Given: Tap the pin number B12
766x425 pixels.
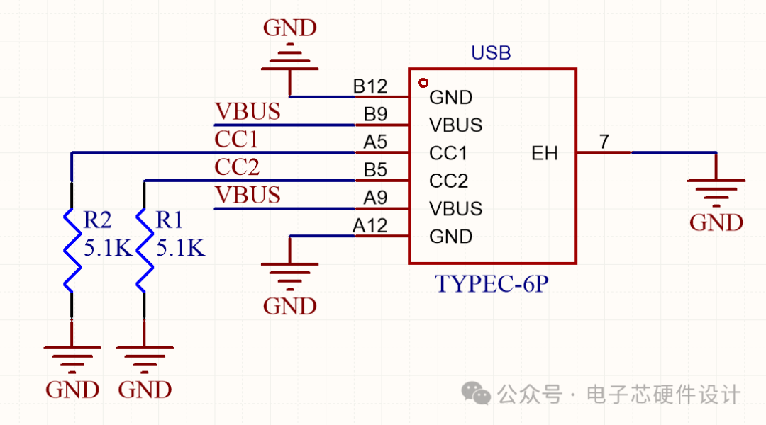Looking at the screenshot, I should pos(370,86).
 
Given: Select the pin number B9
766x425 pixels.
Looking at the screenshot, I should pos(375,114).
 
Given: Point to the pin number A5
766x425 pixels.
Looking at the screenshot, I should pos(375,142).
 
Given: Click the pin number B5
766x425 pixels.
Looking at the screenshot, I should pos(375,170).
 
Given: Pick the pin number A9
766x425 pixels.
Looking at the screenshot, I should pos(375,198).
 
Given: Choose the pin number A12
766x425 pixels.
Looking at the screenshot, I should pos(370,226).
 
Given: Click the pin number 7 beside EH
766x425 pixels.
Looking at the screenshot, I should pos(604,142).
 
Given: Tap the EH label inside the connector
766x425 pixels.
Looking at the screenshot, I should pos(545,153).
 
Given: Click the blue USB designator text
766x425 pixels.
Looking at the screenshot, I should pos(491,53).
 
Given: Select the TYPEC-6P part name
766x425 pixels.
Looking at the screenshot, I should pos(492,284).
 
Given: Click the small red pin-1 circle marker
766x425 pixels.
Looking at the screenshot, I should pos(424,83).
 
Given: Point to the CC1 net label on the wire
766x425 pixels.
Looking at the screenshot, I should pos(237,140).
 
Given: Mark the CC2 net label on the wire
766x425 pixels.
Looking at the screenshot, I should pos(237,167).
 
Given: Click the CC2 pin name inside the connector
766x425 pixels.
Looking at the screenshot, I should pos(449,181).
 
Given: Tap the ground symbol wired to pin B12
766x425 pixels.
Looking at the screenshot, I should pos(289,59).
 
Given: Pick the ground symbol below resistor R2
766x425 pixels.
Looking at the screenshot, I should pos(72,358).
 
